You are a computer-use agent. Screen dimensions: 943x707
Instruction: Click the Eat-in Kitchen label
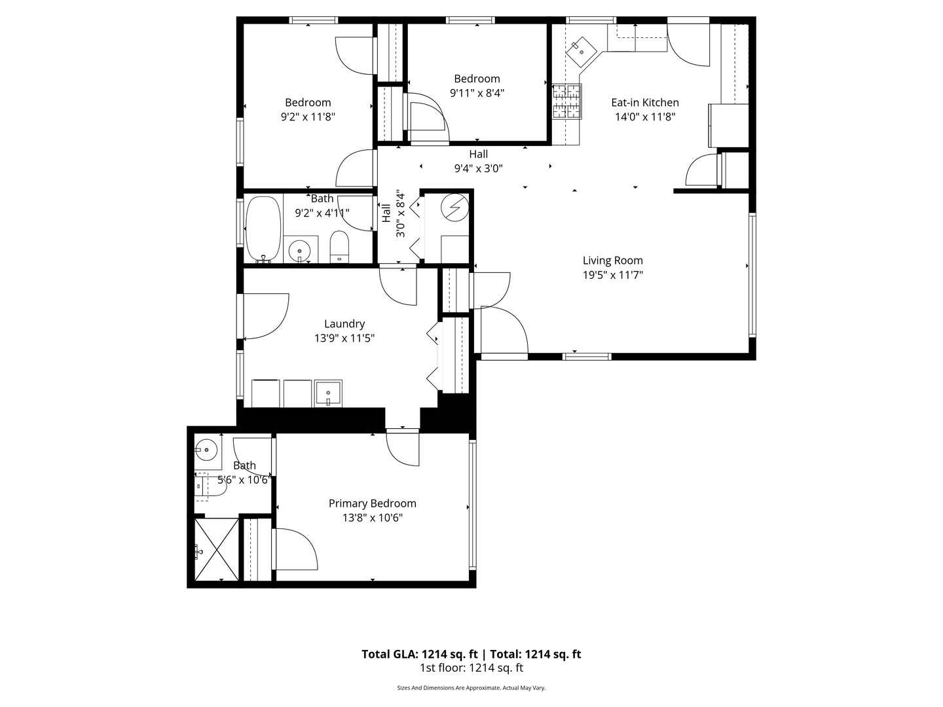tap(644, 103)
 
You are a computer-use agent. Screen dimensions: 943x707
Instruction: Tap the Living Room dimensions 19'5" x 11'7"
tap(612, 275)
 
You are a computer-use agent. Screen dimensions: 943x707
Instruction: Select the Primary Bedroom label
tap(372, 503)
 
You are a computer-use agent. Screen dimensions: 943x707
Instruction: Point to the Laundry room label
tap(344, 323)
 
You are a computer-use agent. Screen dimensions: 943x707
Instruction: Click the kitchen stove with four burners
tap(566, 101)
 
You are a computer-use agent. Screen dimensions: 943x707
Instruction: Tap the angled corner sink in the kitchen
tap(581, 52)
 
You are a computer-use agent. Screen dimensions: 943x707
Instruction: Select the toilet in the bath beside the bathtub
tap(339, 247)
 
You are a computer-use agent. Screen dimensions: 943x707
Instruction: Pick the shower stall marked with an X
tap(217, 549)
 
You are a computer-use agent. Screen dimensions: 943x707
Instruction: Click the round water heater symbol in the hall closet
tap(454, 208)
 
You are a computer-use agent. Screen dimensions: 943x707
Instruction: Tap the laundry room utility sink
tap(328, 393)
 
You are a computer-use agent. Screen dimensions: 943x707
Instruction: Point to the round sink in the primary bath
tap(207, 450)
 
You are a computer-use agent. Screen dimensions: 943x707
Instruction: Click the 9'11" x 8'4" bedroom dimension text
tap(477, 93)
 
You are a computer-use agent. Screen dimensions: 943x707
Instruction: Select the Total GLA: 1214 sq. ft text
tap(419, 654)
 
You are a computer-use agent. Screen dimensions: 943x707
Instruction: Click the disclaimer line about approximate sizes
tap(471, 687)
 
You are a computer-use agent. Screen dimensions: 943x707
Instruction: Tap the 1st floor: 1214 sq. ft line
tap(471, 668)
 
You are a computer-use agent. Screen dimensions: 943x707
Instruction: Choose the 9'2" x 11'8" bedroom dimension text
tap(308, 117)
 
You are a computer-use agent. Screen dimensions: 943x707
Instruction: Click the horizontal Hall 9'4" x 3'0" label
tap(478, 161)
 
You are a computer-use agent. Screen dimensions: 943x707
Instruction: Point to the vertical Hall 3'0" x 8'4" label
tap(394, 213)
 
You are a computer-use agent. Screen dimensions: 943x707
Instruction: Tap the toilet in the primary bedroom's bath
tap(210, 487)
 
